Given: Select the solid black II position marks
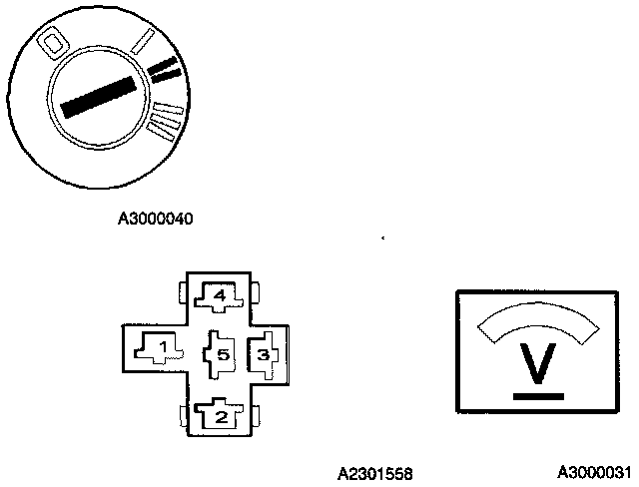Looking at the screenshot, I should (x=165, y=69).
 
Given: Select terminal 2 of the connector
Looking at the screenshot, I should (x=219, y=414).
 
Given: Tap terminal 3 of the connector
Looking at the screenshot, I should (x=263, y=352).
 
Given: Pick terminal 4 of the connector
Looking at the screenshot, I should (x=220, y=295).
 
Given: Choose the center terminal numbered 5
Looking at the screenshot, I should (x=220, y=353).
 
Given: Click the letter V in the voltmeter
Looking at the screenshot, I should (x=539, y=366).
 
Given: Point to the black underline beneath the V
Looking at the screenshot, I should (x=539, y=396).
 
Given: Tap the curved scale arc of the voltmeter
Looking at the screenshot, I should (x=539, y=322).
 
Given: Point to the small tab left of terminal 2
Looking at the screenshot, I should (x=180, y=414).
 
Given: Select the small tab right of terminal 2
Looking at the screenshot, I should (x=258, y=414).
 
